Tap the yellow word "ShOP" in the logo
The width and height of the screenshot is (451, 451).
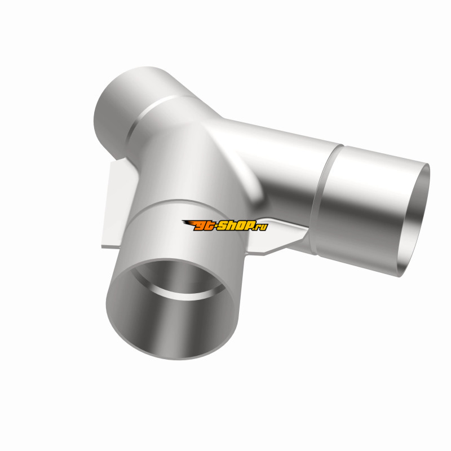(x=235, y=225)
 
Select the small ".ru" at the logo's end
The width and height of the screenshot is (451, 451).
(x=261, y=227)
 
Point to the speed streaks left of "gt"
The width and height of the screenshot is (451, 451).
(x=188, y=223)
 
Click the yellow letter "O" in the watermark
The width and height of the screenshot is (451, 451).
(x=240, y=225)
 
